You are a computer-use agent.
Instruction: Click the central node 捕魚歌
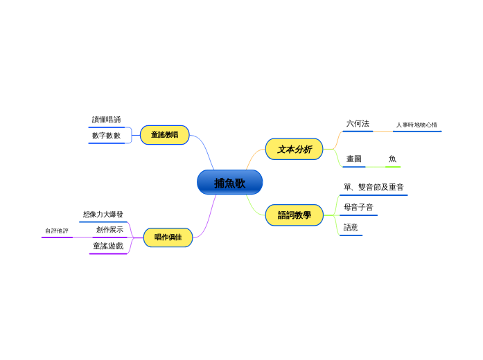coord(229,183)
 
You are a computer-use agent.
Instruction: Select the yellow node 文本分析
coord(294,149)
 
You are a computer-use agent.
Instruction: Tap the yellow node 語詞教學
coord(294,215)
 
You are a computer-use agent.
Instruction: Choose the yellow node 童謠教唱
coord(164,135)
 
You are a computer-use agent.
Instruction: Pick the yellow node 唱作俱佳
coord(168,237)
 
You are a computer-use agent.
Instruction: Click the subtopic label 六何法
coord(358,124)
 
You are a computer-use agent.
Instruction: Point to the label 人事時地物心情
coord(416,125)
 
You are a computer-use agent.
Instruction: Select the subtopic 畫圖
coord(353,159)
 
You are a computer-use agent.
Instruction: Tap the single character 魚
coord(392,159)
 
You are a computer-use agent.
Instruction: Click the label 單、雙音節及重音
coord(373,188)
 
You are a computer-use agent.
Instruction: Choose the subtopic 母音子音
coord(358,208)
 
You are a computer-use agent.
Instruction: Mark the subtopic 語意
coord(351,228)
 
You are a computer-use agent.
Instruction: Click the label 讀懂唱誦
coord(106,120)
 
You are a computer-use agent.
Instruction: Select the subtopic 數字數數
coord(106,136)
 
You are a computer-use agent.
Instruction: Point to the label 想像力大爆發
coord(103,215)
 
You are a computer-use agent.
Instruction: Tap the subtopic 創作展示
coord(109,230)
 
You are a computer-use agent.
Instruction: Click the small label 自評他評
coord(57,231)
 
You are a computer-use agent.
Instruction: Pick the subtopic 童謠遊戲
coord(108,246)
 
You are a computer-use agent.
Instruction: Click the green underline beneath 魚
coord(393,167)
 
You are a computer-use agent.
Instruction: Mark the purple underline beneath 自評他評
coord(57,237)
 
